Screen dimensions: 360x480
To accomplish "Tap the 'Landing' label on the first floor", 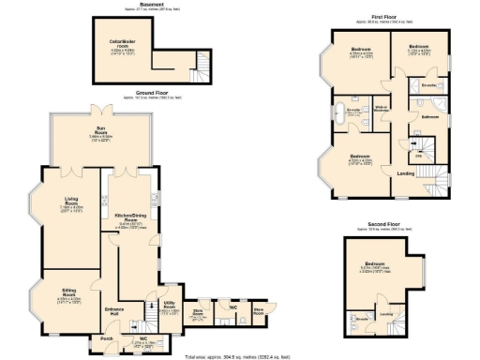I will [x=406, y=173].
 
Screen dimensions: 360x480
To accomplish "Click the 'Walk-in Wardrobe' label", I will [x=382, y=110].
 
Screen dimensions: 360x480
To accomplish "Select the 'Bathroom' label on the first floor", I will [x=430, y=116].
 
